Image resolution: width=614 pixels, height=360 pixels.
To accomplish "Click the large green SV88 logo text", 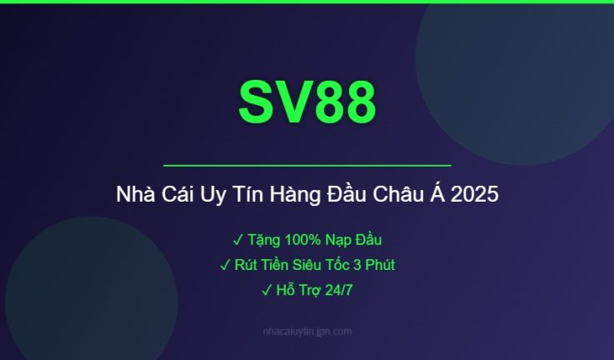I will pyautogui.click(x=307, y=102).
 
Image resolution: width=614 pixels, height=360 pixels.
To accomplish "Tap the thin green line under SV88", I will pyautogui.click(x=307, y=166).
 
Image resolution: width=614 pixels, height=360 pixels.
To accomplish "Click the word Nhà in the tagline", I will pyautogui.click(x=135, y=196).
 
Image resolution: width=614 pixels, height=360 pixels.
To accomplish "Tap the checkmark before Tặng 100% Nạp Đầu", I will pyautogui.click(x=237, y=240).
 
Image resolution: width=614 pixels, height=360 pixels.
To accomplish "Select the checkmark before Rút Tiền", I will pyautogui.click(x=225, y=265).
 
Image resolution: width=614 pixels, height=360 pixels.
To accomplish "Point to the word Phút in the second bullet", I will pyautogui.click(x=377, y=265).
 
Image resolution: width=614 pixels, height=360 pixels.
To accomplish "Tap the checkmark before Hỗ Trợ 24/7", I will pyautogui.click(x=267, y=290).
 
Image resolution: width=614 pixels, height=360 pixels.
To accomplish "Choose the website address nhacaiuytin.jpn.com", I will pyautogui.click(x=307, y=332).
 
